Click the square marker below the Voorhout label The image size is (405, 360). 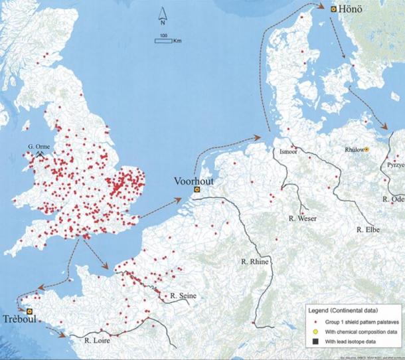pos(196,190)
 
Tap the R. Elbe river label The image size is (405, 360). pos(368,230)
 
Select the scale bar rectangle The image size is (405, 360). pos(163,41)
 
